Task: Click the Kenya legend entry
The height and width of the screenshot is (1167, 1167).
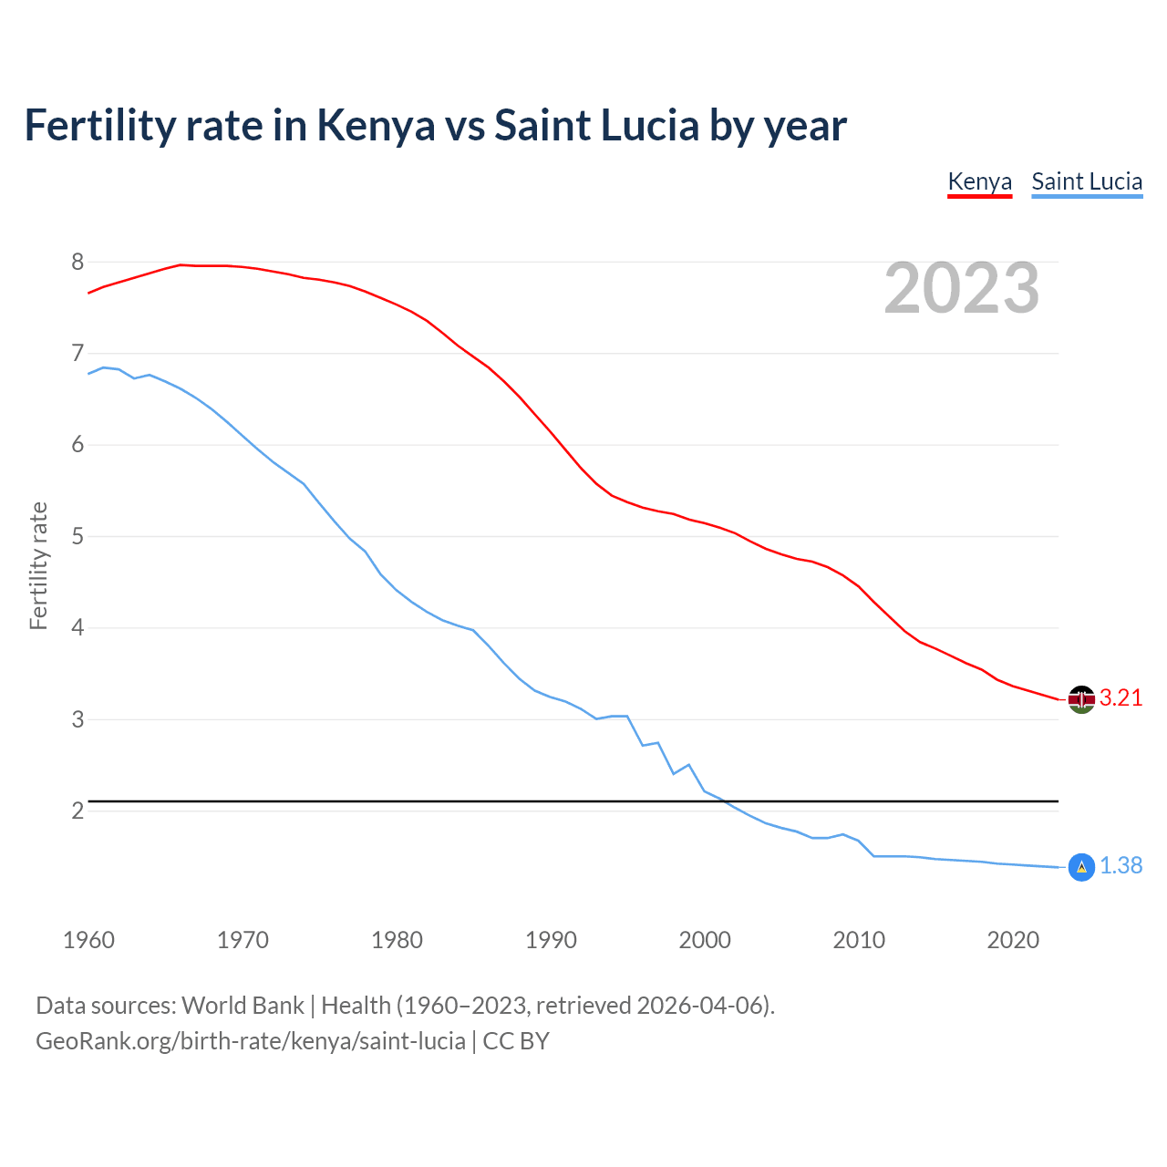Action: click(979, 181)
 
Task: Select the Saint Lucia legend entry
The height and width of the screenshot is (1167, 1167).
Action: click(1087, 181)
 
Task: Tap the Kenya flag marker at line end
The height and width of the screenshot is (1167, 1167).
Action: click(1081, 699)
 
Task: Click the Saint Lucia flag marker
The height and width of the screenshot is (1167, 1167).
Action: click(1081, 867)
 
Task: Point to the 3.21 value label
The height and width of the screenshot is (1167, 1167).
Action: click(1121, 698)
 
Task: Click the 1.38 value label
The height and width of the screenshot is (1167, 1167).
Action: click(1121, 866)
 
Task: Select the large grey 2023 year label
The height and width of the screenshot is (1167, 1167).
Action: click(962, 288)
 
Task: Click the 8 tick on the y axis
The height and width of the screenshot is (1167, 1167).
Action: click(77, 263)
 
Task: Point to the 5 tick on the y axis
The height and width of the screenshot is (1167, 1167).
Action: click(77, 537)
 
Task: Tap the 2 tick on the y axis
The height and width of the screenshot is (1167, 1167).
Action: click(77, 811)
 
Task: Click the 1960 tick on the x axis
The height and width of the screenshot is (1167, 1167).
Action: click(88, 940)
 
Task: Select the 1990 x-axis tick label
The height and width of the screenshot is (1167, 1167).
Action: click(551, 940)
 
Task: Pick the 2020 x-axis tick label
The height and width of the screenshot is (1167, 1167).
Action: click(1013, 940)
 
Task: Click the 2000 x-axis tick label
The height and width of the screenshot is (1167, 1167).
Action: click(705, 940)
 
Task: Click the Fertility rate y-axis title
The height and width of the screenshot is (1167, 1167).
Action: click(38, 565)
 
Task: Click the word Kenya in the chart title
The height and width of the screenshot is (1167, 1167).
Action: click(376, 126)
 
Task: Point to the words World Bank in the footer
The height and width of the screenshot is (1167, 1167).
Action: click(243, 1006)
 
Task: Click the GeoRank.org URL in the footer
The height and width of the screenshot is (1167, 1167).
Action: click(251, 1041)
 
